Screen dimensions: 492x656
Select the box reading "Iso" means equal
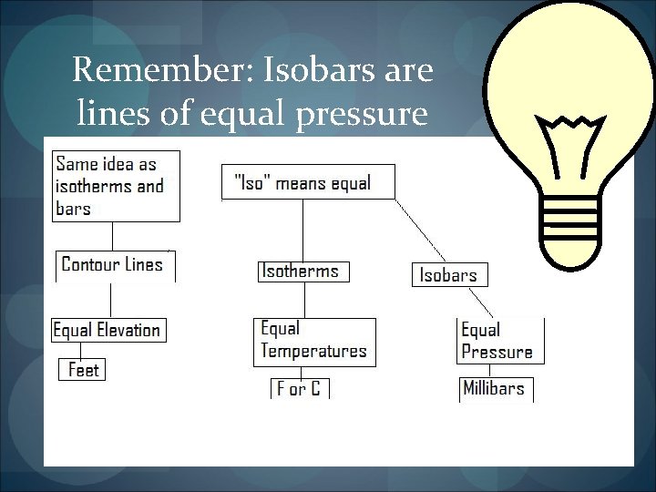pyautogui.click(x=309, y=182)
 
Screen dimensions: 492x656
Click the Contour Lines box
pyautogui.click(x=113, y=265)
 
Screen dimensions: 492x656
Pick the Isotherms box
pyautogui.click(x=302, y=271)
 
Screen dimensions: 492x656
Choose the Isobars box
pyautogui.click(x=448, y=274)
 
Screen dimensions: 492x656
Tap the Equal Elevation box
pyautogui.click(x=108, y=330)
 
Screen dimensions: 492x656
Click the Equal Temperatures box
pyautogui.click(x=313, y=340)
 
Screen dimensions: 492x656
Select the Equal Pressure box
pyautogui.click(x=498, y=342)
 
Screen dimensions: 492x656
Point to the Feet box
pyautogui.click(x=83, y=370)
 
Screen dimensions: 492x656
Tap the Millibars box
pyautogui.click(x=495, y=388)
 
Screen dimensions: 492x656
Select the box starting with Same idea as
pyautogui.click(x=115, y=187)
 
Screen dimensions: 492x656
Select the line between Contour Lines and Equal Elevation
pyautogui.click(x=111, y=299)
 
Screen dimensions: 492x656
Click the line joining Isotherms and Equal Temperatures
pyautogui.click(x=302, y=300)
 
